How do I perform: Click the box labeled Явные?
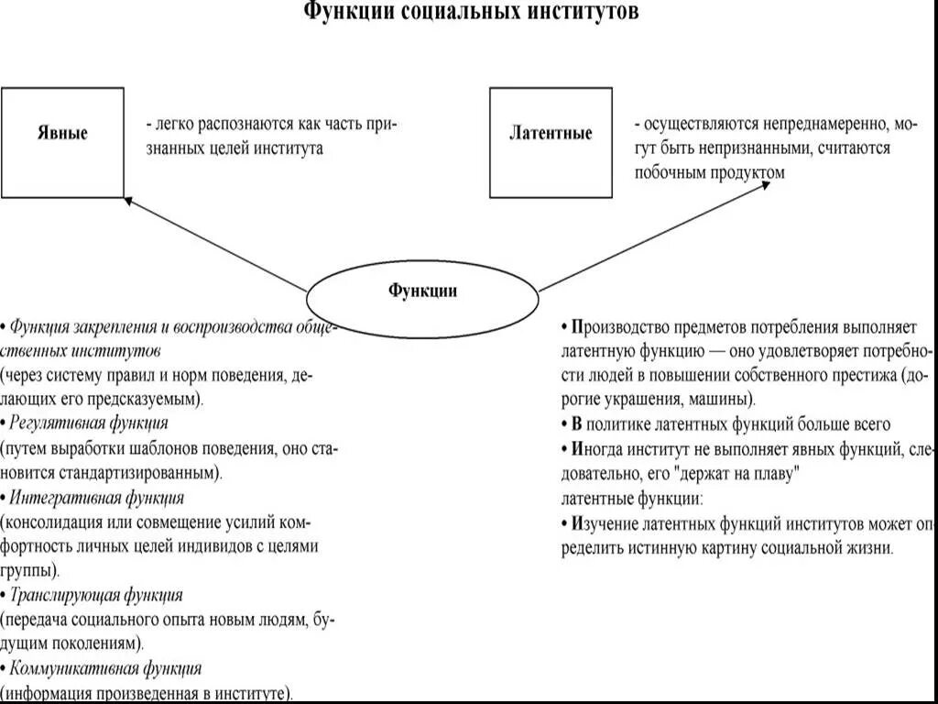[x=62, y=142]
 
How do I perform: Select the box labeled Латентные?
[x=551, y=142]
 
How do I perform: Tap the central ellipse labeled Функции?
[x=421, y=291]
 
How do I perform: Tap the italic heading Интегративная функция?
[x=96, y=498]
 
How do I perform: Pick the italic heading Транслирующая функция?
[x=96, y=595]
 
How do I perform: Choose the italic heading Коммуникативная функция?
[x=105, y=668]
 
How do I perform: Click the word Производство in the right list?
[x=619, y=326]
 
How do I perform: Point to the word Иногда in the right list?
[x=598, y=449]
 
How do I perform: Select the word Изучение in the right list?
[x=605, y=523]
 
